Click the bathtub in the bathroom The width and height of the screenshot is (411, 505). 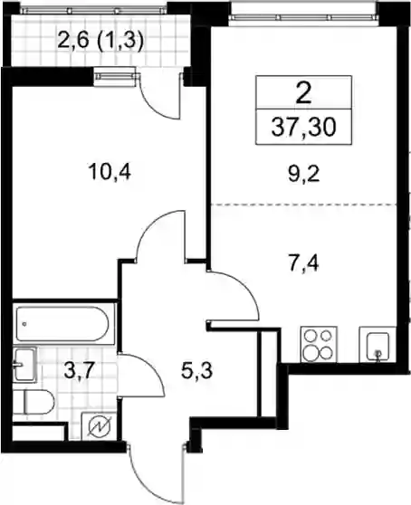coord(62,324)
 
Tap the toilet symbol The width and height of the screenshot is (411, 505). coord(33,402)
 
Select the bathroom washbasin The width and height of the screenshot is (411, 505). coord(24,366)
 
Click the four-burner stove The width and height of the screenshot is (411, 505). coord(319,344)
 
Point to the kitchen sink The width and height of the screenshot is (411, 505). coord(378,344)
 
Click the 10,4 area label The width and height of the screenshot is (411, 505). coord(110,172)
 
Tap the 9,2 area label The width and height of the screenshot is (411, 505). coord(304,175)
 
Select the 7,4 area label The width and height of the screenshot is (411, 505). coord(302,263)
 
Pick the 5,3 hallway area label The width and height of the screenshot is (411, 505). coord(196,371)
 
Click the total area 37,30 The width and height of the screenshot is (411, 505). coord(304,127)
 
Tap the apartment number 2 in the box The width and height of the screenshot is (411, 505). coord(303,93)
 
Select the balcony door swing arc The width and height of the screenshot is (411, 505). coord(151,107)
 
